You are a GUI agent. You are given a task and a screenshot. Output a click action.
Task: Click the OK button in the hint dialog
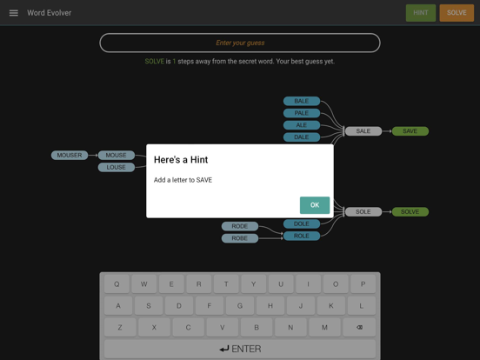point(315,205)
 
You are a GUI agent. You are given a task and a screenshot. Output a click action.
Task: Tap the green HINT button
point(421,13)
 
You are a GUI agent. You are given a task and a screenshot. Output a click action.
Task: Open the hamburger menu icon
point(13,13)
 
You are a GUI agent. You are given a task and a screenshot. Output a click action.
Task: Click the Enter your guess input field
point(240,43)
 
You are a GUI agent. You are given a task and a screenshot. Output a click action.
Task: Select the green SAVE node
point(410,131)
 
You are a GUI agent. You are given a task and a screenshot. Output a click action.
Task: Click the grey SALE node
point(363,131)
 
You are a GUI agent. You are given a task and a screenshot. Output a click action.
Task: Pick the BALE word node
point(302,101)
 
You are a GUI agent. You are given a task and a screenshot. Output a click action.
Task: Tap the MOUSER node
point(70,155)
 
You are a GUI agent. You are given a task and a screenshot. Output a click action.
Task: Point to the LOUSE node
point(116,167)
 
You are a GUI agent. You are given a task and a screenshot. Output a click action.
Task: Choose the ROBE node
point(240,238)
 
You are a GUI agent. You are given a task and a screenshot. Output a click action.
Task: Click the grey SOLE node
point(363,211)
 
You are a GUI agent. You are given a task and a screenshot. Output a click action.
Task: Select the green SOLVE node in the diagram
point(410,211)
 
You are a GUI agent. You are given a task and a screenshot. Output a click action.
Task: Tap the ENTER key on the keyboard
point(240,349)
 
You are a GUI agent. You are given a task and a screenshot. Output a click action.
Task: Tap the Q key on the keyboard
point(117,284)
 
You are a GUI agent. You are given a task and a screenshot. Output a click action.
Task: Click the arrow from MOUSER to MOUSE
point(93,155)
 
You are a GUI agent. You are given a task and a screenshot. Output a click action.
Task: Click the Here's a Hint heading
point(181,160)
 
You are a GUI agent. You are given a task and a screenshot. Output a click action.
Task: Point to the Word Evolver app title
point(50,13)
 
